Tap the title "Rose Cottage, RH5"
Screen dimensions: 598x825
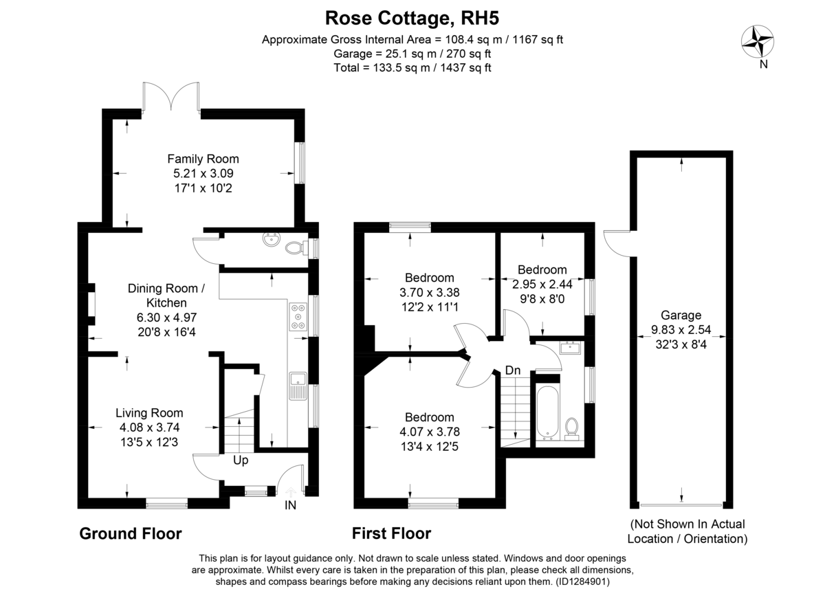[412, 16]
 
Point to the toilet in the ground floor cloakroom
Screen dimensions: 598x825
[294, 247]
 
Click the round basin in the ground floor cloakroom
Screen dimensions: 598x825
[269, 241]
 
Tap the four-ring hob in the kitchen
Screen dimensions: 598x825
[299, 317]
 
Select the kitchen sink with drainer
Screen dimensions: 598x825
[297, 385]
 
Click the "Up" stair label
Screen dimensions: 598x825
[240, 460]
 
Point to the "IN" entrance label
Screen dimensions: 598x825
[291, 507]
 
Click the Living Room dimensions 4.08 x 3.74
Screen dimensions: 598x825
[149, 427]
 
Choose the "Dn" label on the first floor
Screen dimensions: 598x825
[513, 370]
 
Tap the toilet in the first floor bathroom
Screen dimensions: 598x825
[571, 428]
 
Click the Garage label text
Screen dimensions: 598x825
[681, 315]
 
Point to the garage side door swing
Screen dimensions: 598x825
[615, 241]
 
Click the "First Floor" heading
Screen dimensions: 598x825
[391, 533]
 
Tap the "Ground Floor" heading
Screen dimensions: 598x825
[131, 533]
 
